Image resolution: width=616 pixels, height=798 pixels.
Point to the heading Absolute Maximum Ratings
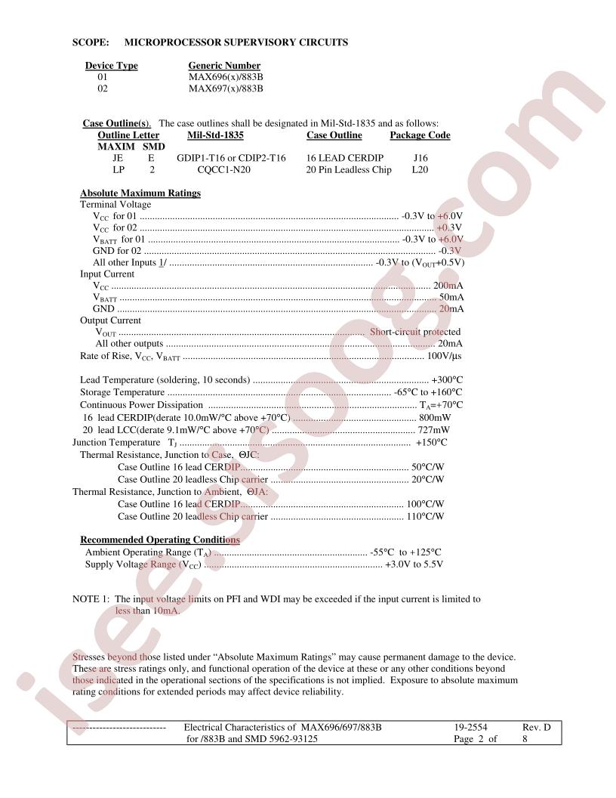(140, 193)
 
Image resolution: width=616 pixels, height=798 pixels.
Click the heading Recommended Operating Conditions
(160, 540)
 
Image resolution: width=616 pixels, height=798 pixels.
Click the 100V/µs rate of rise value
(445, 356)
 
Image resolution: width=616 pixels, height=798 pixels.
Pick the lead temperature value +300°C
(446, 379)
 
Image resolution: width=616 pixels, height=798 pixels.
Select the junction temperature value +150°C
(431, 442)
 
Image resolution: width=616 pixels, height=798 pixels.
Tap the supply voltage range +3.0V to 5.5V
(414, 564)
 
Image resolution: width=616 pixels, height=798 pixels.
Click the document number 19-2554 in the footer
(470, 727)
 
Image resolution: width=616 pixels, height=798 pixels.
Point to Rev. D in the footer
(536, 727)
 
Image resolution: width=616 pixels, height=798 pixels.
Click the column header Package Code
(420, 135)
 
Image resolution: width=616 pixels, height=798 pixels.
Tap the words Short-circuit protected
(414, 332)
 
